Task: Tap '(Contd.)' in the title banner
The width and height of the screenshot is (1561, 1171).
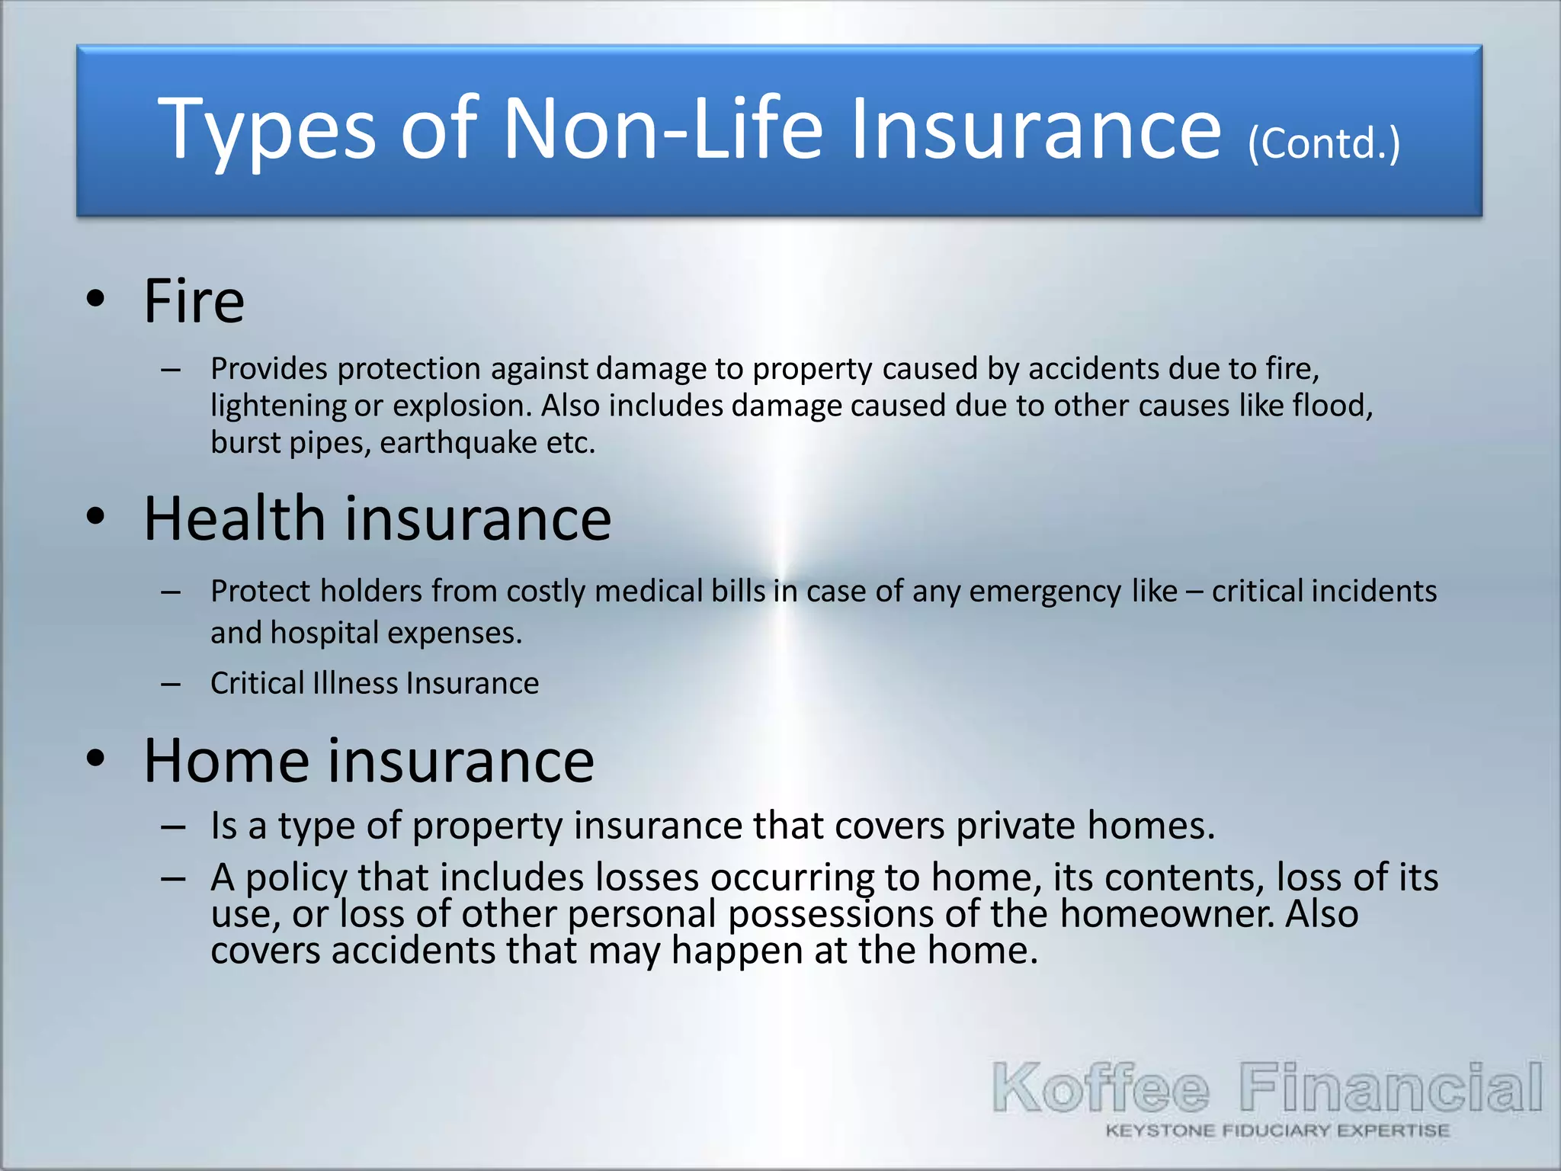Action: [1324, 143]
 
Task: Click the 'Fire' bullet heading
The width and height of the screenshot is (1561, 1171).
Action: [194, 301]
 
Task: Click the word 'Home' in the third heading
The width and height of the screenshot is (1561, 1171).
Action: [226, 761]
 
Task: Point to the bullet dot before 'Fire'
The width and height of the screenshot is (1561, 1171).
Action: [95, 299]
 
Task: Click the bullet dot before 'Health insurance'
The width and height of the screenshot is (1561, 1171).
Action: [95, 517]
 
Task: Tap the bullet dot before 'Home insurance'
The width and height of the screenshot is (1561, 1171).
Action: [95, 759]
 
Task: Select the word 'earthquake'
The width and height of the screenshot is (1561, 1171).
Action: [458, 443]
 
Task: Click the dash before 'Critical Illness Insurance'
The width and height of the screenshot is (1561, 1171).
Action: [171, 684]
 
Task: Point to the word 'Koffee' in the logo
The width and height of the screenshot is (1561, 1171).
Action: [1101, 1089]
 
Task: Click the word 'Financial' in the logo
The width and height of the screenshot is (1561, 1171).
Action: [1390, 1087]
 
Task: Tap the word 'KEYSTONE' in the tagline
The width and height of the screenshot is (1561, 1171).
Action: [1160, 1131]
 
